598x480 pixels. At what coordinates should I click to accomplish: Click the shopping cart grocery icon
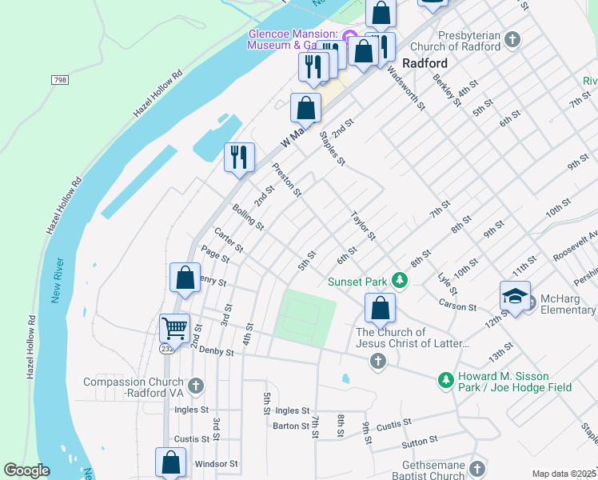174,327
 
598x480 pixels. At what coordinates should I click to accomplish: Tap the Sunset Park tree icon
397,281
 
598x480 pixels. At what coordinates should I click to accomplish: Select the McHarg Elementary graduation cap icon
515,295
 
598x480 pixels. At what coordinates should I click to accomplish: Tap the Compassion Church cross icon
195,386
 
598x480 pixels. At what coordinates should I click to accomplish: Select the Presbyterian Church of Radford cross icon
512,38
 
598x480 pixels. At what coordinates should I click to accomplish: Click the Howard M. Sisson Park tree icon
445,379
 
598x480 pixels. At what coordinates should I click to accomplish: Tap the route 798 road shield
59,80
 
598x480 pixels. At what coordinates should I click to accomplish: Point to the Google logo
26,471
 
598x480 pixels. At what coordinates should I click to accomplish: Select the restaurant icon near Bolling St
239,156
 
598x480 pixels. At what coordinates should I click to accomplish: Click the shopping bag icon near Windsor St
171,462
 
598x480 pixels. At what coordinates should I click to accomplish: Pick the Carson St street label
457,306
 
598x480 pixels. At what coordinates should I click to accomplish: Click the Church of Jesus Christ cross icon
378,362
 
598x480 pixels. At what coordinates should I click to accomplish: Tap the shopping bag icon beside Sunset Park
381,307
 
